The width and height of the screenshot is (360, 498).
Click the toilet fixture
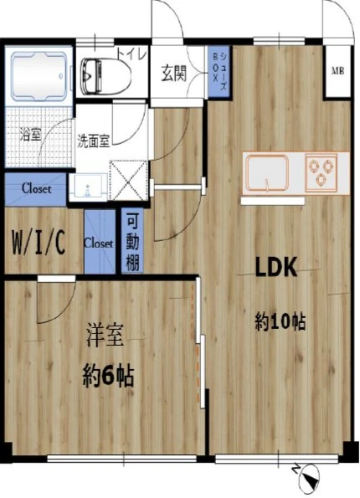(x=105, y=76)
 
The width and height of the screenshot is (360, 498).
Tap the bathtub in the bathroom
(x=39, y=76)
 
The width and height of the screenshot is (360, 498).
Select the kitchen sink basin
(x=269, y=173)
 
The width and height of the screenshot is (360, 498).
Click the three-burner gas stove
(x=321, y=172)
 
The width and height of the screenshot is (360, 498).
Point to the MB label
(x=338, y=71)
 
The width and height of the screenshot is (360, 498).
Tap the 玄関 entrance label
(x=173, y=73)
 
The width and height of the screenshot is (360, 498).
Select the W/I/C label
(x=39, y=243)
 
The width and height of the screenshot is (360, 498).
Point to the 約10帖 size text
(x=280, y=322)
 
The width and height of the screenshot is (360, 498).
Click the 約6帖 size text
(x=108, y=376)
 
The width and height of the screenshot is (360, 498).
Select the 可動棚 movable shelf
(x=132, y=241)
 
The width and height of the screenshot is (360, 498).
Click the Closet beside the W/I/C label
(x=99, y=242)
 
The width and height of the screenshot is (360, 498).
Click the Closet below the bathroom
(x=36, y=189)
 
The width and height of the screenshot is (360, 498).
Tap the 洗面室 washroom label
(x=94, y=141)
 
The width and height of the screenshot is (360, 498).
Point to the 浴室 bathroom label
(x=30, y=135)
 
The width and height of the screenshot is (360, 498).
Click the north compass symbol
(x=306, y=474)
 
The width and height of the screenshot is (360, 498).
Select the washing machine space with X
(x=129, y=181)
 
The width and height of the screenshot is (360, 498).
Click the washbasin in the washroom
(x=88, y=187)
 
